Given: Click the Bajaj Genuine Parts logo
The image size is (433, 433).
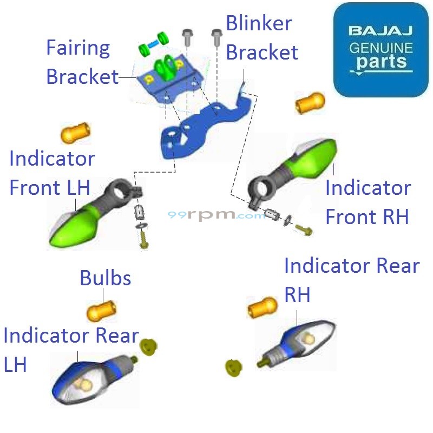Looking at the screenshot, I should (380, 50).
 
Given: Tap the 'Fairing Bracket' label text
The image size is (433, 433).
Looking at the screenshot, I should (81, 62).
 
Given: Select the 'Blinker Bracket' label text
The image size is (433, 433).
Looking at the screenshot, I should (261, 38).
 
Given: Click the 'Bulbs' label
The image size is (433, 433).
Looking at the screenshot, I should (106, 278).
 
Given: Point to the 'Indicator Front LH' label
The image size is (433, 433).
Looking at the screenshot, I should (51, 173).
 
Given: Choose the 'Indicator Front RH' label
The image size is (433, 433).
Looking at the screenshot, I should (368, 202).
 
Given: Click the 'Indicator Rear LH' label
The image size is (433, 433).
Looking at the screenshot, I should (70, 349).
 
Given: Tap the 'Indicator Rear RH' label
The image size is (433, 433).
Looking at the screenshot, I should (351, 279).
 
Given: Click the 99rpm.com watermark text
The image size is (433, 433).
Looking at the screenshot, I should (216, 215).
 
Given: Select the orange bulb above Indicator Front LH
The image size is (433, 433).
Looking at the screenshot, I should (75, 132).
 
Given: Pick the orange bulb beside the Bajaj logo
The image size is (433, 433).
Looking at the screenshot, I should (310, 102).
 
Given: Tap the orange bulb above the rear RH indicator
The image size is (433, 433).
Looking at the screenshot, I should (262, 308).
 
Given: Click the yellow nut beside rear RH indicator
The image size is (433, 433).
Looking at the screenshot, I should (233, 367).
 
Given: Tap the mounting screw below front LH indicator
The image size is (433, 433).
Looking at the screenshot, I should (143, 239).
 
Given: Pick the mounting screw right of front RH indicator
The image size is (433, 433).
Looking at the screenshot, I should (304, 229).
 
